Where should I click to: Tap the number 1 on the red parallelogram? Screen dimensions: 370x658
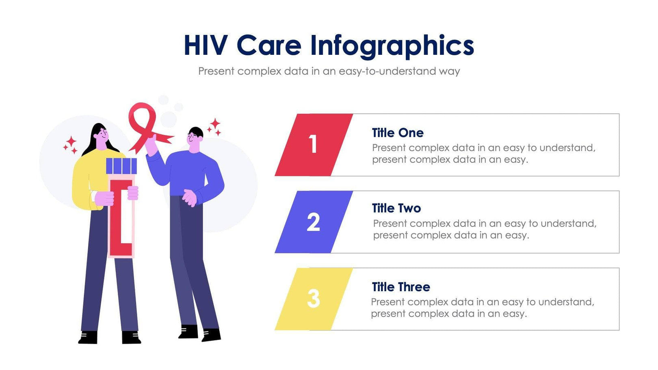click(x=313, y=144)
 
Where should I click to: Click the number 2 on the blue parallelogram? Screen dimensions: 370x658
click(x=313, y=222)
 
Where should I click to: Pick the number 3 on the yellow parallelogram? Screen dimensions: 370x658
click(x=313, y=299)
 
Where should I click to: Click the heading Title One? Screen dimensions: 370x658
click(x=397, y=133)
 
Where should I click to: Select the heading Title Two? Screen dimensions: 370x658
click(x=396, y=208)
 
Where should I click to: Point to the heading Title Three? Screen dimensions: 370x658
click(x=400, y=287)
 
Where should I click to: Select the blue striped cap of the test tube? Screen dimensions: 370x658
click(x=121, y=166)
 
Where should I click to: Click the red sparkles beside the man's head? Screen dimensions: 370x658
click(x=214, y=126)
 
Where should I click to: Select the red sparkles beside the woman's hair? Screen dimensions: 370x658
click(x=70, y=145)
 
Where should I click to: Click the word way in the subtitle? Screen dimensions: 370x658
click(x=449, y=71)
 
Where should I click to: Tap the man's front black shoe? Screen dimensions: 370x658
click(x=211, y=335)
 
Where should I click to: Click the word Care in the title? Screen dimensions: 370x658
click(x=269, y=45)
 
